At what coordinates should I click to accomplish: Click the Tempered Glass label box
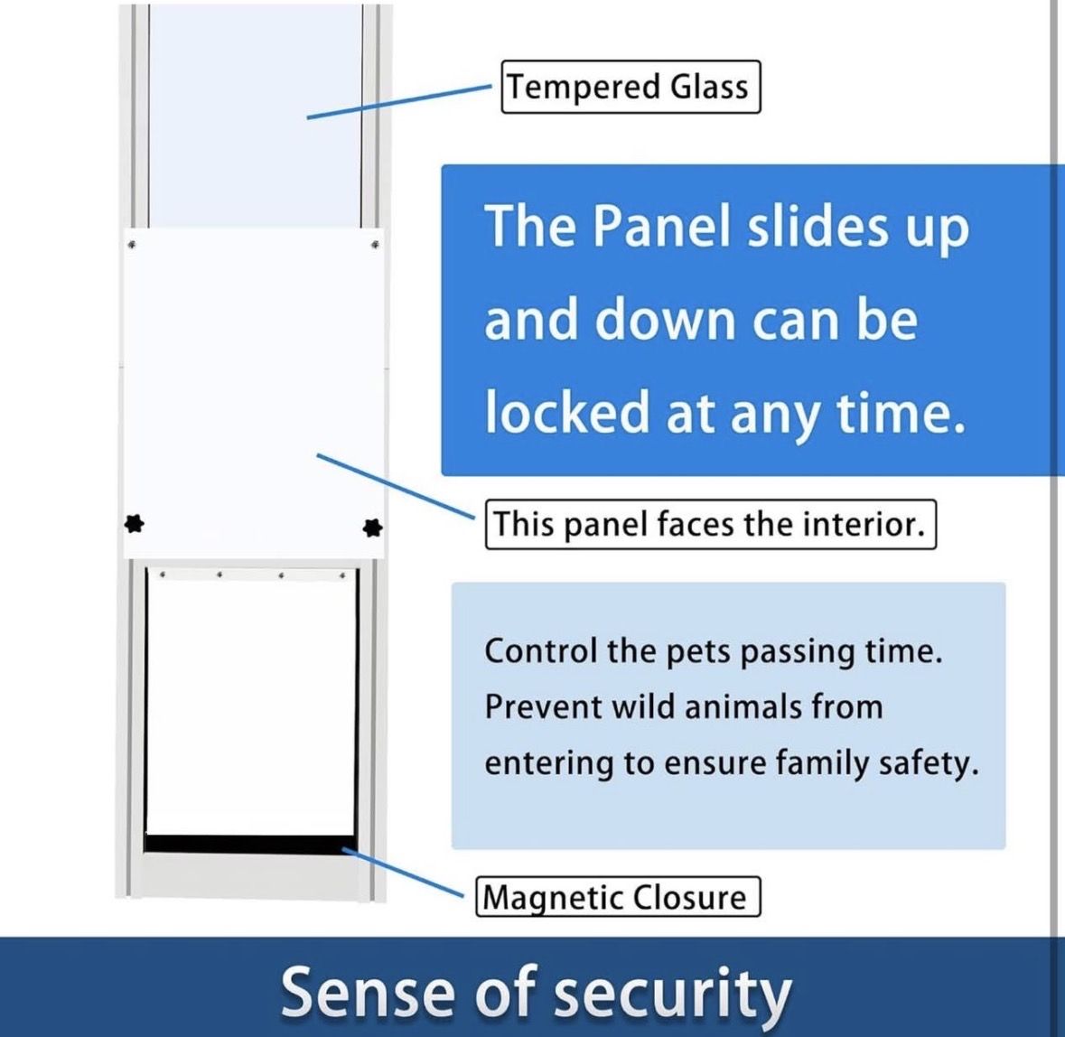tap(631, 87)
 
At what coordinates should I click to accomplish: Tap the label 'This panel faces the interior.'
tap(710, 524)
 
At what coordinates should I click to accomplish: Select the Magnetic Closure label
tap(618, 897)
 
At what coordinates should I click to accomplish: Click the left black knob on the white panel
tap(134, 522)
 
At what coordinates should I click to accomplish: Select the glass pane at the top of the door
tap(255, 117)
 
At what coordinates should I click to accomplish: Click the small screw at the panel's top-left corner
tap(133, 245)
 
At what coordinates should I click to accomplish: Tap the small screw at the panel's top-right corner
tap(374, 243)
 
